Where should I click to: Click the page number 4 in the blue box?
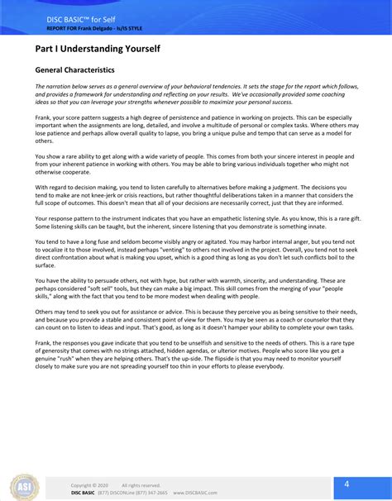click(x=347, y=484)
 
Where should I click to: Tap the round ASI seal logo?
click(x=24, y=486)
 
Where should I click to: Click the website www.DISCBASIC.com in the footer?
click(x=194, y=493)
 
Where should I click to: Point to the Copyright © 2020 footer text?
click(x=89, y=485)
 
